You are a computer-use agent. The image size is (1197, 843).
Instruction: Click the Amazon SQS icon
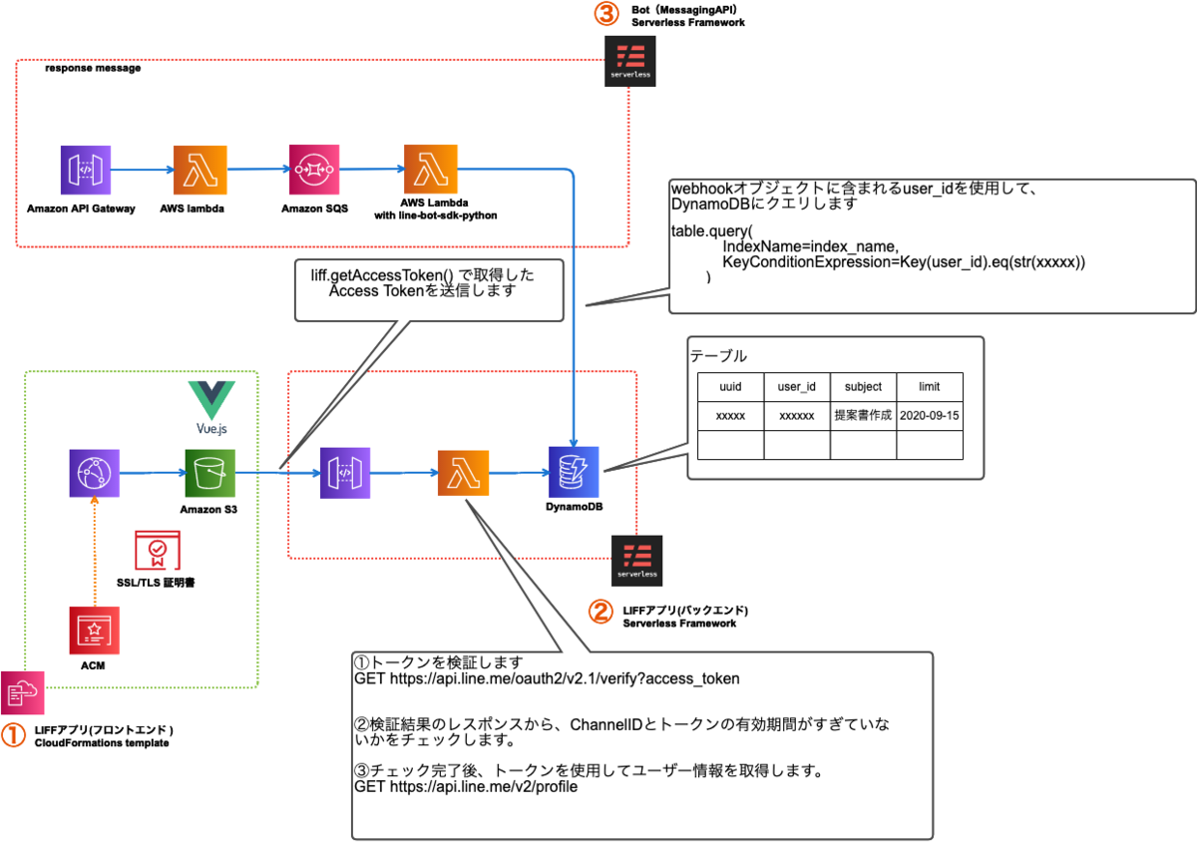coord(315,171)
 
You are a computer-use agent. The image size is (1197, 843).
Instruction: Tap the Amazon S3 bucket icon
coord(208,471)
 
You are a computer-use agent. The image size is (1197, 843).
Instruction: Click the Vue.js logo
coord(211,405)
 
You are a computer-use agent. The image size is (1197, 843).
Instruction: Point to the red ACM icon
coord(94,631)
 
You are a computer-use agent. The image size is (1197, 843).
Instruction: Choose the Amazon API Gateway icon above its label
coord(85,171)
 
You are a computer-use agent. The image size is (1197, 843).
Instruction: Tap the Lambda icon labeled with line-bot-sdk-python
coord(429,171)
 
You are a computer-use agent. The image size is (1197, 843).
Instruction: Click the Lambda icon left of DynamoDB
coord(463,471)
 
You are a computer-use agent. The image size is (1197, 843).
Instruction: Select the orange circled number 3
coord(606,14)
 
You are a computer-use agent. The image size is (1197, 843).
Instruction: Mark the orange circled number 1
coord(13,735)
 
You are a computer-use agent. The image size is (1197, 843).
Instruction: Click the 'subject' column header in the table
coord(863,386)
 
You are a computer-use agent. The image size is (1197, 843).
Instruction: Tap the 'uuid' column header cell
coord(731,386)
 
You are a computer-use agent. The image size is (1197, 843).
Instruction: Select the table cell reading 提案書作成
coord(863,414)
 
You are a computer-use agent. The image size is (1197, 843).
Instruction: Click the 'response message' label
coord(93,69)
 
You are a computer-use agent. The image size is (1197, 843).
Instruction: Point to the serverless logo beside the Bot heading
coord(630,62)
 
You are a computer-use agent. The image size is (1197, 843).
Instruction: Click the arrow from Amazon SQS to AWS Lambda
coord(372,172)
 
